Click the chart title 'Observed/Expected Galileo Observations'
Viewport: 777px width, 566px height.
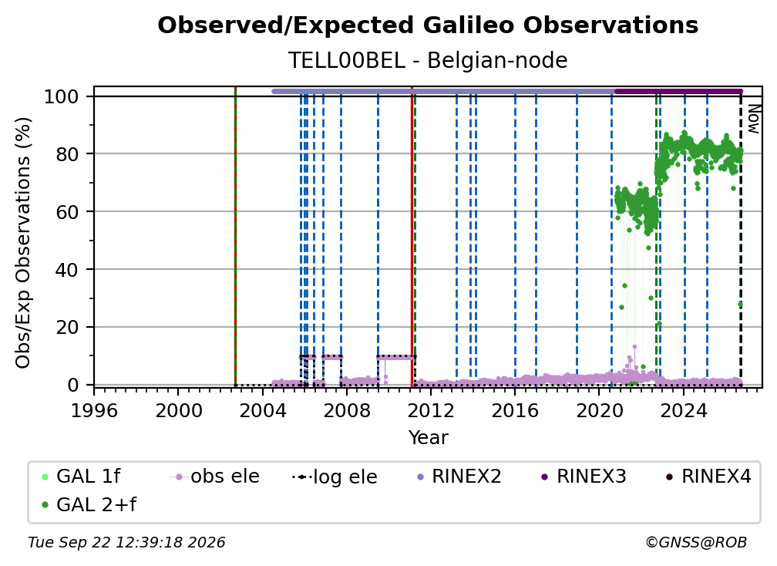pos(428,25)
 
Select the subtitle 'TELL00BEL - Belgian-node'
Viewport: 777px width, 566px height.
pos(428,60)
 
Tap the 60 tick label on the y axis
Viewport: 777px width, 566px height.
pos(67,212)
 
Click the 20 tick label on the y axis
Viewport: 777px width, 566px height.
pos(67,328)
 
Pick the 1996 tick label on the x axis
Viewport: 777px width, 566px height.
pos(94,410)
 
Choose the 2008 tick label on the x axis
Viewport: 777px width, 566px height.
pos(346,410)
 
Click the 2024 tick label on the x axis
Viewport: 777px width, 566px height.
pos(683,410)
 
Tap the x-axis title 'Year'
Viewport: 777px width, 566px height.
pos(428,438)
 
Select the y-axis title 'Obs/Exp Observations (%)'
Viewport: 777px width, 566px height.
pos(23,242)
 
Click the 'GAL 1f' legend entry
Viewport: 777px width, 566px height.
pos(81,477)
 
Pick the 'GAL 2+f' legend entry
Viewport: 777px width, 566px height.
pos(89,504)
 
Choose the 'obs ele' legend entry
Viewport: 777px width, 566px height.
pos(214,477)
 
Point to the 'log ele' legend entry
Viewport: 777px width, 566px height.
pos(335,477)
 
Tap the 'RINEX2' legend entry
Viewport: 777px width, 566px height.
pos(459,477)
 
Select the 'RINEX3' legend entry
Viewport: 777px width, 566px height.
pos(584,477)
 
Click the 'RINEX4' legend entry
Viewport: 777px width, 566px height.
pos(709,477)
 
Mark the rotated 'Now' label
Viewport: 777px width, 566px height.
pos(753,119)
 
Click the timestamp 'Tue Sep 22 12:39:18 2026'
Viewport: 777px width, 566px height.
pos(126,542)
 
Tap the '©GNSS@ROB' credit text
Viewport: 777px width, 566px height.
pos(696,542)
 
